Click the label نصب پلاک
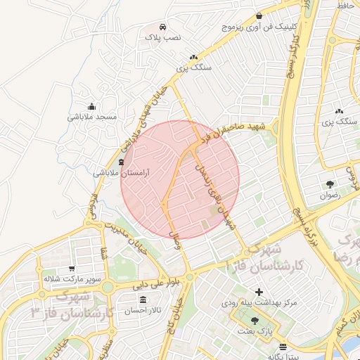163,35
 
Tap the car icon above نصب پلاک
163,23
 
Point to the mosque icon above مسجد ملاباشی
91,105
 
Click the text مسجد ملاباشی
91,117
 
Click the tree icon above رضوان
330,185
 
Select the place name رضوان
330,196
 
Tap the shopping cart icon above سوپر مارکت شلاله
72,268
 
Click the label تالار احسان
143,310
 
